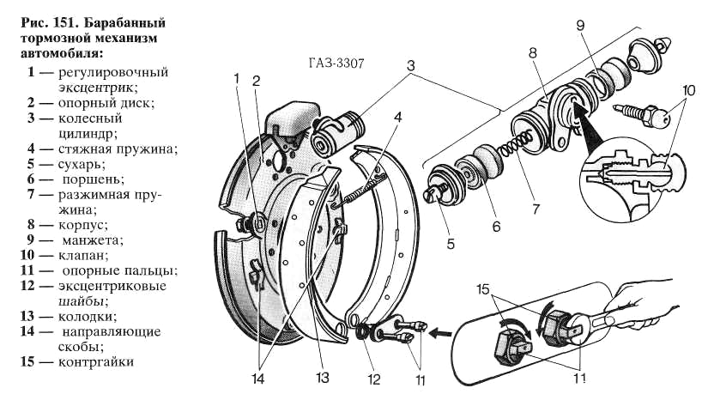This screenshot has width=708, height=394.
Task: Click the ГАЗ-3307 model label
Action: pyautogui.click(x=336, y=63)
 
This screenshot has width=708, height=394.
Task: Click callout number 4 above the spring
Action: pyautogui.click(x=397, y=117)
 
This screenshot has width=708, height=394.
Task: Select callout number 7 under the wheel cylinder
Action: pyautogui.click(x=536, y=209)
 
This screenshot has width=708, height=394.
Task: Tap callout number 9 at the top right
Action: pyautogui.click(x=581, y=25)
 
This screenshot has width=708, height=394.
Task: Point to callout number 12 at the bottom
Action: pyautogui.click(x=374, y=379)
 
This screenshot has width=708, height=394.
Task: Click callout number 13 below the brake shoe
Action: pyautogui.click(x=323, y=378)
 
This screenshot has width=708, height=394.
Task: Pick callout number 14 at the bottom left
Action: pyautogui.click(x=257, y=379)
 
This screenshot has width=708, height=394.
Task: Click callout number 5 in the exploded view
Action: pyautogui.click(x=451, y=244)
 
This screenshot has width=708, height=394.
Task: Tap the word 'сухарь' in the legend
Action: pyautogui.click(x=82, y=164)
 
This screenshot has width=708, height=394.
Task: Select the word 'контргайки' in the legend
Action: pyautogui.click(x=96, y=362)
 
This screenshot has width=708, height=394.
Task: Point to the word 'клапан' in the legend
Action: pyautogui.click(x=83, y=255)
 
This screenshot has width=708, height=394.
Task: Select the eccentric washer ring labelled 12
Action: pyautogui.click(x=362, y=332)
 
